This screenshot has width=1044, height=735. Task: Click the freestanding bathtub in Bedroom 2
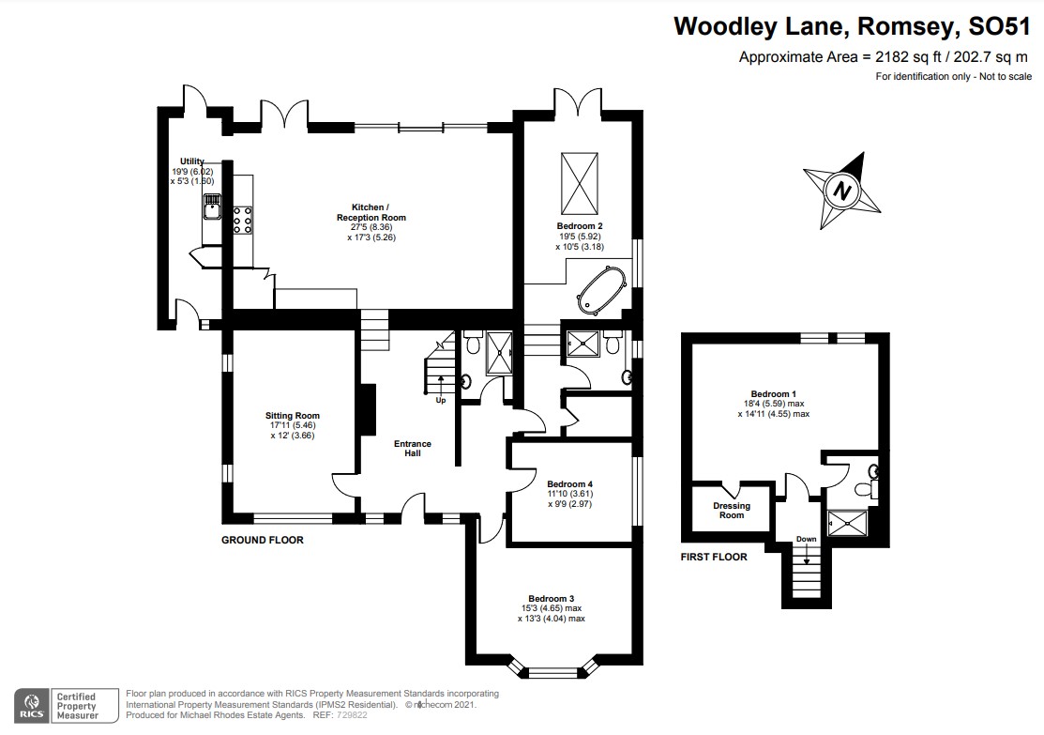[602, 291]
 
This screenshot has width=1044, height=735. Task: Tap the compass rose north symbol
[842, 191]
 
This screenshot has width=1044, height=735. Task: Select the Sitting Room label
[293, 416]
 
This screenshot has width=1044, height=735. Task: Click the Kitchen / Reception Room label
[371, 212]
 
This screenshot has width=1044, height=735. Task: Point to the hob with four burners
[242, 220]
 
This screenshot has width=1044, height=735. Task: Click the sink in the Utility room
[212, 206]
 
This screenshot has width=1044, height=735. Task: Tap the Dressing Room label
[731, 511]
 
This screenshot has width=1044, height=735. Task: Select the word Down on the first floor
[807, 539]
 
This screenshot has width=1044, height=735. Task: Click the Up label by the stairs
[441, 401]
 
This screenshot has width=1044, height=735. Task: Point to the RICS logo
[32, 706]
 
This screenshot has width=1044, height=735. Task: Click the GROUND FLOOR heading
[263, 540]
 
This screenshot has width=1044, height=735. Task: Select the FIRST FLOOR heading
[714, 557]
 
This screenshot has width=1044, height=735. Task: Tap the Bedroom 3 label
[552, 598]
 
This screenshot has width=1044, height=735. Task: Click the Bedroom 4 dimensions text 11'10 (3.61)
[570, 494]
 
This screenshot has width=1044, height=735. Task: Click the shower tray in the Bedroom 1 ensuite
[848, 523]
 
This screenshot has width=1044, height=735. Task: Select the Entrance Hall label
[413, 449]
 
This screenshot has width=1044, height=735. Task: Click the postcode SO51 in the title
[999, 26]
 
